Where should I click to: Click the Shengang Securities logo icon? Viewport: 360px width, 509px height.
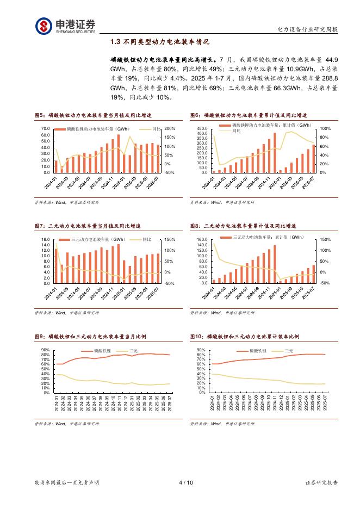coord(44,26)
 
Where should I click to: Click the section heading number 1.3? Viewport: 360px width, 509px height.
coord(115,42)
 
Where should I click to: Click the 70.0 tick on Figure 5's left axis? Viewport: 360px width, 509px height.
coord(45,128)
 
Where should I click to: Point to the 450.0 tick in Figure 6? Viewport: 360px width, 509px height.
coord(202,128)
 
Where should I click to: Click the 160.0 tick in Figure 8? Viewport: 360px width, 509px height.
coord(202,239)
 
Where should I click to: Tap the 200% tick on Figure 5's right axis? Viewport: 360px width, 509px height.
coord(169,128)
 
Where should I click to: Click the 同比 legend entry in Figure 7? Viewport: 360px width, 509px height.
coord(147,239)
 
